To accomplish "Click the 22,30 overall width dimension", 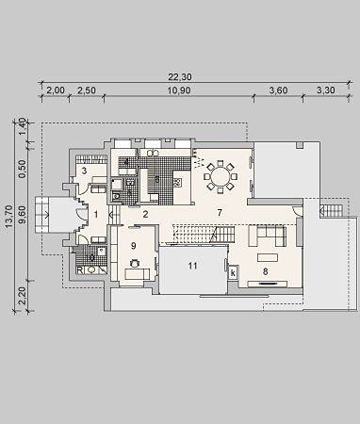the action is [x=180, y=76].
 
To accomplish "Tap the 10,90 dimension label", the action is [x=179, y=90].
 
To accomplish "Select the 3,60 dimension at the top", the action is [x=278, y=90].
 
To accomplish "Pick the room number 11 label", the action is [x=192, y=266].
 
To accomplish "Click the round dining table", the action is [x=221, y=177].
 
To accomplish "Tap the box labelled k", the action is [x=234, y=272].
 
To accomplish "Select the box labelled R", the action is [x=80, y=270].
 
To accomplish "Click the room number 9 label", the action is [x=134, y=246].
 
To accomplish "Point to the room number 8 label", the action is [x=266, y=271].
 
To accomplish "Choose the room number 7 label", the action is [x=220, y=213].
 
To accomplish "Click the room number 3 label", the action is [x=84, y=171].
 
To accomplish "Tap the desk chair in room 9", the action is [x=135, y=263].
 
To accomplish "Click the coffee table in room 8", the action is [x=268, y=258].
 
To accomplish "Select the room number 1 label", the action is [x=96, y=215].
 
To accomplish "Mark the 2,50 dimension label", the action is [x=87, y=90].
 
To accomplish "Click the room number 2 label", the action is [x=145, y=215].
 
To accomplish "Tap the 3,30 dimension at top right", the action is [x=325, y=90].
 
